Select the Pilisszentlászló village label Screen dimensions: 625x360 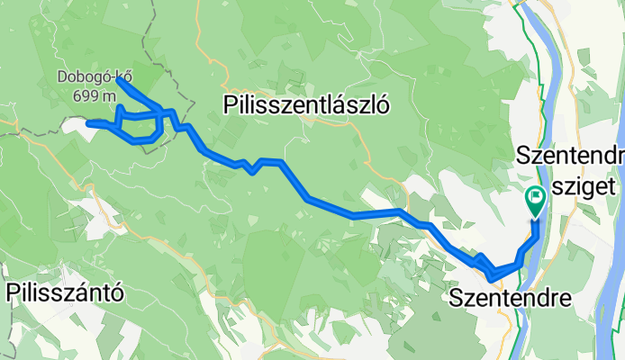[x=305, y=106]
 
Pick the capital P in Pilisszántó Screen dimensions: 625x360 [x=13, y=292]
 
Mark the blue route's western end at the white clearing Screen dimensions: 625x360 [x=88, y=122]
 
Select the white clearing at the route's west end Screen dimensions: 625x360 [x=76, y=127]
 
